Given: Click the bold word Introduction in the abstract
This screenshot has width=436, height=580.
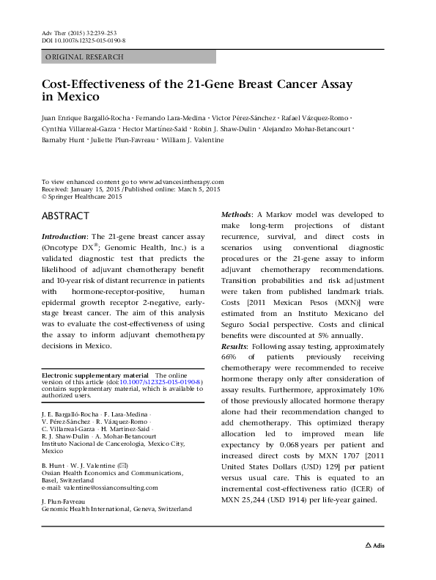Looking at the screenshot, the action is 63,238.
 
